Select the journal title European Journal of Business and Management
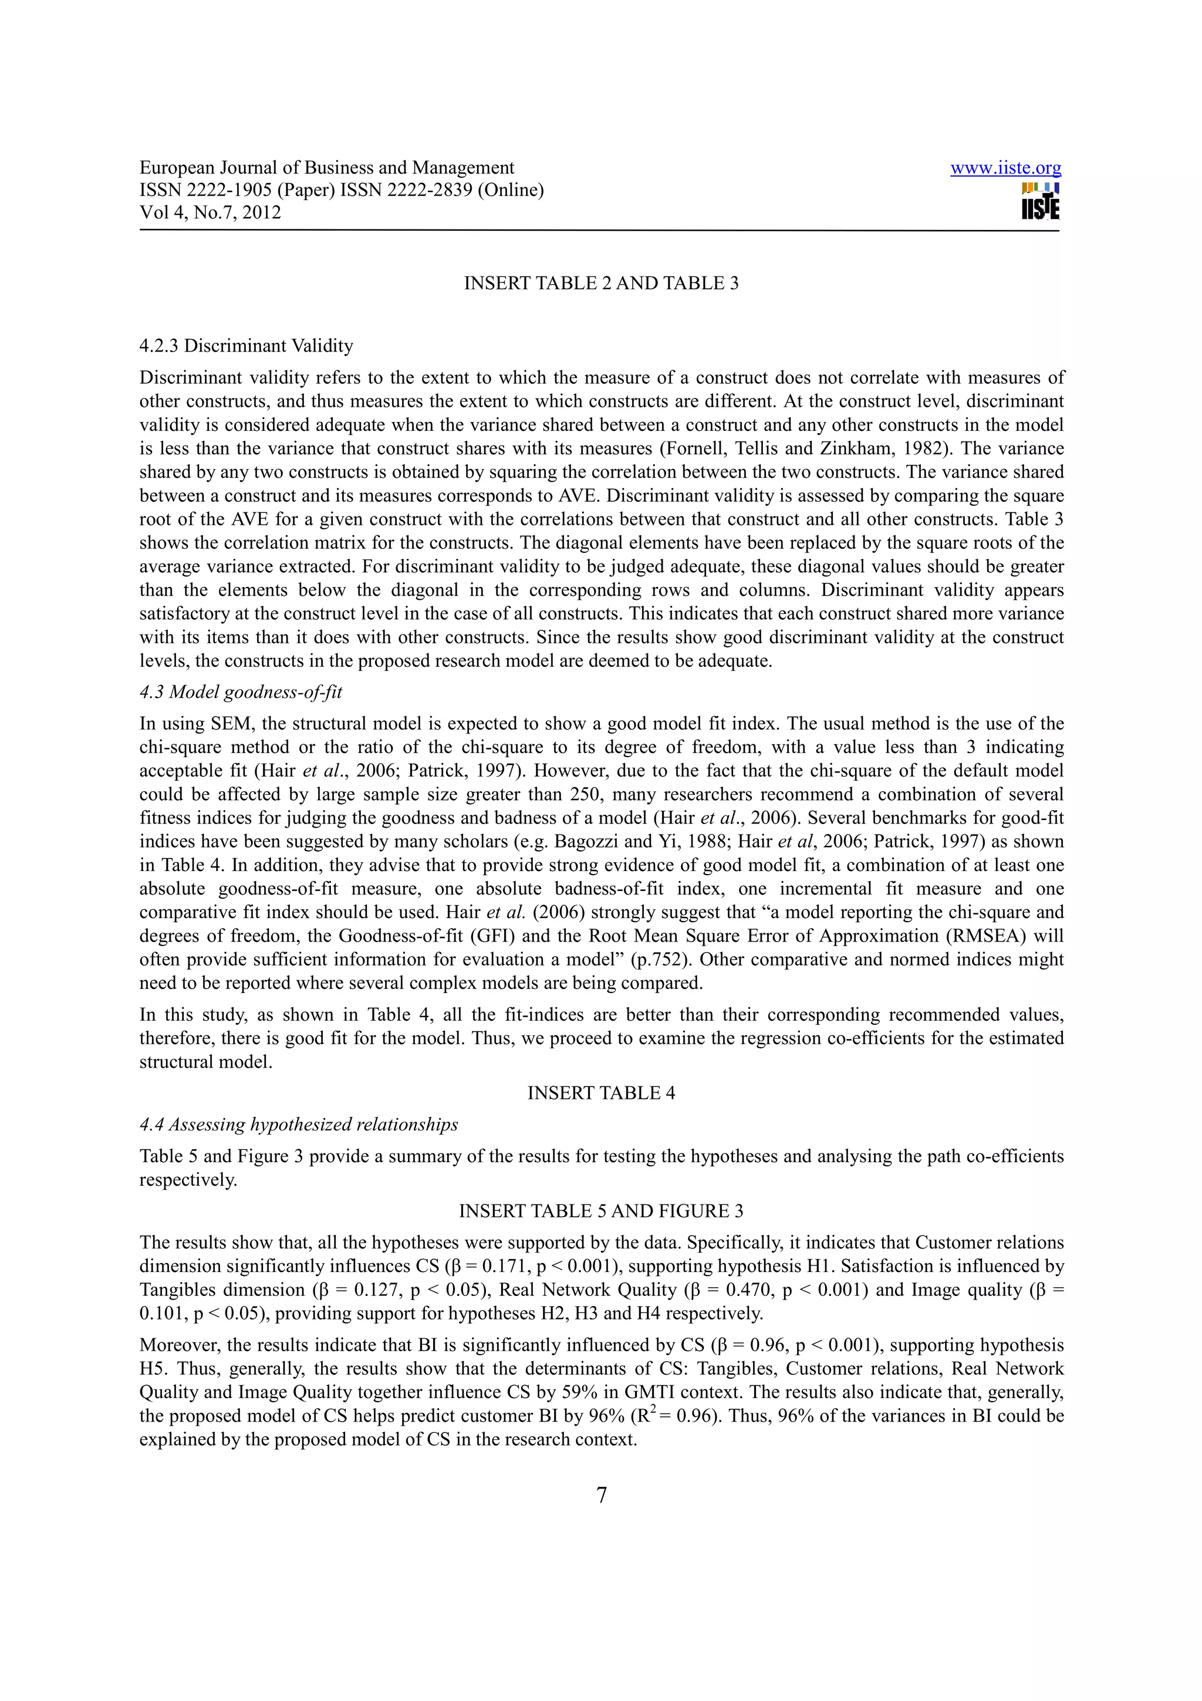pos(326,168)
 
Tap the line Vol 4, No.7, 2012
pos(210,212)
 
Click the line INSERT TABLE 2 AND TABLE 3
pos(600,283)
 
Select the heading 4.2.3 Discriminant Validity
pos(246,346)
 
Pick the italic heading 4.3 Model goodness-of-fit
pos(241,692)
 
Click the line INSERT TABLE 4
pos(600,1093)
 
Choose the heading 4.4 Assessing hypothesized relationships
pos(299,1125)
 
